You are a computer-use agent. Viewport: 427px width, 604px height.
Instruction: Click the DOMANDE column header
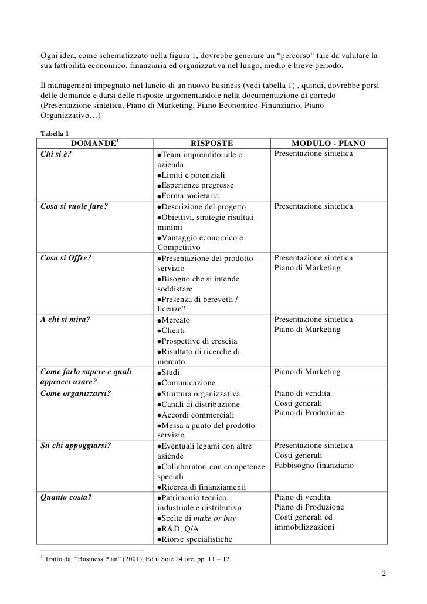(x=94, y=144)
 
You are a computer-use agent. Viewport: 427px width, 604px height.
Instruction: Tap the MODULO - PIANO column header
(x=328, y=144)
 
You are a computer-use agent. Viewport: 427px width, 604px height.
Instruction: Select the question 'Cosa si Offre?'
(x=65, y=257)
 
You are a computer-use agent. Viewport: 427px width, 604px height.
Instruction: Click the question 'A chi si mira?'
(x=65, y=320)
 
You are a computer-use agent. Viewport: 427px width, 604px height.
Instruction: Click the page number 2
(x=382, y=573)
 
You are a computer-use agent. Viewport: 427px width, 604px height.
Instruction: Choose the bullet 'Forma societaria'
(x=191, y=196)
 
